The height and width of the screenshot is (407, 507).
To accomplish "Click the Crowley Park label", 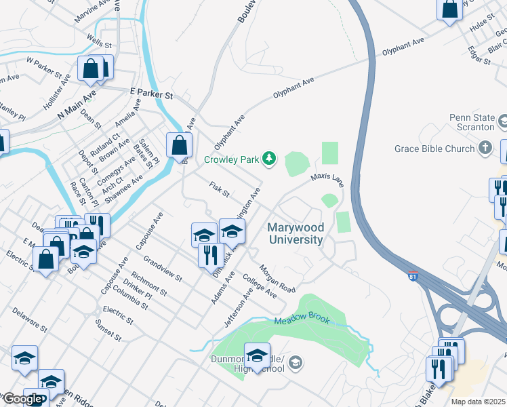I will (232, 160).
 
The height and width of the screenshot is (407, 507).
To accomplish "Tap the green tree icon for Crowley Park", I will (270, 159).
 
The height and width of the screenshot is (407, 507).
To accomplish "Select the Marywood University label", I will (296, 233).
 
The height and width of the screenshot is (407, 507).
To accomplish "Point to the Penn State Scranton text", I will (472, 122).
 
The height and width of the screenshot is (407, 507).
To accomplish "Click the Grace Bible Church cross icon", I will (485, 147).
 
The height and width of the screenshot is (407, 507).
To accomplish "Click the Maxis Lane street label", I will (327, 180).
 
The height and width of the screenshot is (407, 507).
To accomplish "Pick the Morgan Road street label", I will (277, 279).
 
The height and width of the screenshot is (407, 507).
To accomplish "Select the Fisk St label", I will (220, 190).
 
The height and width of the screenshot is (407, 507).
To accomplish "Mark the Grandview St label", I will (163, 269).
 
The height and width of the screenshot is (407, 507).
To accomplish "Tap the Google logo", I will (22, 399).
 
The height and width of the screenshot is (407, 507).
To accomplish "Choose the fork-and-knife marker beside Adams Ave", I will (211, 255).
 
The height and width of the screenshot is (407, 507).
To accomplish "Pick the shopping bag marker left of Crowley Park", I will (178, 144).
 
